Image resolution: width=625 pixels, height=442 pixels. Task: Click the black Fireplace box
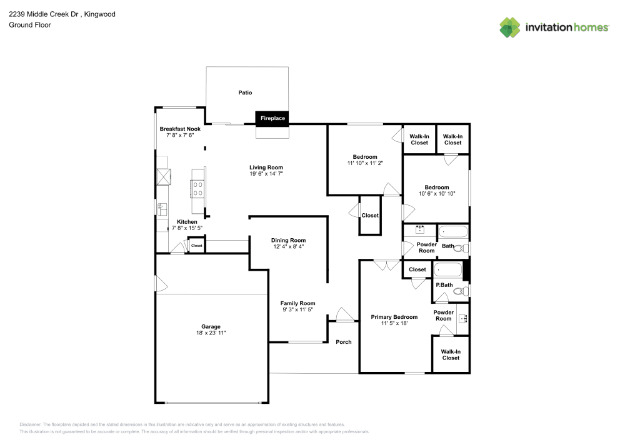(x=272, y=118)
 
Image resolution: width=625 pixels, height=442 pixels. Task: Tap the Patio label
(x=245, y=93)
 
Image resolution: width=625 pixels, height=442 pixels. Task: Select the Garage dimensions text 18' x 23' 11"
(x=211, y=333)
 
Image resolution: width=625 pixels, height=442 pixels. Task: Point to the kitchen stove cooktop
(x=198, y=188)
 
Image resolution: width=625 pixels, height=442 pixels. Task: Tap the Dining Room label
(x=288, y=240)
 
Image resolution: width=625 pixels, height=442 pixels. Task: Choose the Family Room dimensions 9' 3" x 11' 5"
(x=297, y=309)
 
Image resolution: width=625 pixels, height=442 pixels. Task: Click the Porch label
(x=344, y=342)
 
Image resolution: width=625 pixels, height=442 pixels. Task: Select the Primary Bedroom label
(x=394, y=317)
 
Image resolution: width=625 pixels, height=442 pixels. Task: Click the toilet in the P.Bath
(x=460, y=291)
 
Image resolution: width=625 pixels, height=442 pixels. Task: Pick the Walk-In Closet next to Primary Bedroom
(x=451, y=354)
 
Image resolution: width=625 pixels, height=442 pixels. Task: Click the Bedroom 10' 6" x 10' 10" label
(x=437, y=188)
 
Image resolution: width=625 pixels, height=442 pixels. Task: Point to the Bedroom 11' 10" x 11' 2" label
(x=365, y=157)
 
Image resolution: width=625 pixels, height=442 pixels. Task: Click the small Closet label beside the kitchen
(x=197, y=246)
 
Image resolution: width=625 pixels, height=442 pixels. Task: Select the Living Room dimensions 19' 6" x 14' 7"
(x=266, y=173)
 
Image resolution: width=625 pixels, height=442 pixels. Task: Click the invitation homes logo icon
(x=509, y=27)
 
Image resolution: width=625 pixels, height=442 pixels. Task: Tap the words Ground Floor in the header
(x=30, y=25)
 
